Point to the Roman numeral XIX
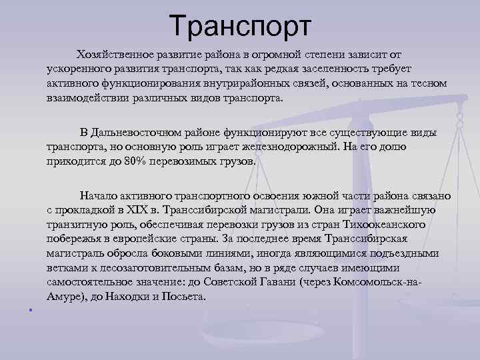145,210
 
